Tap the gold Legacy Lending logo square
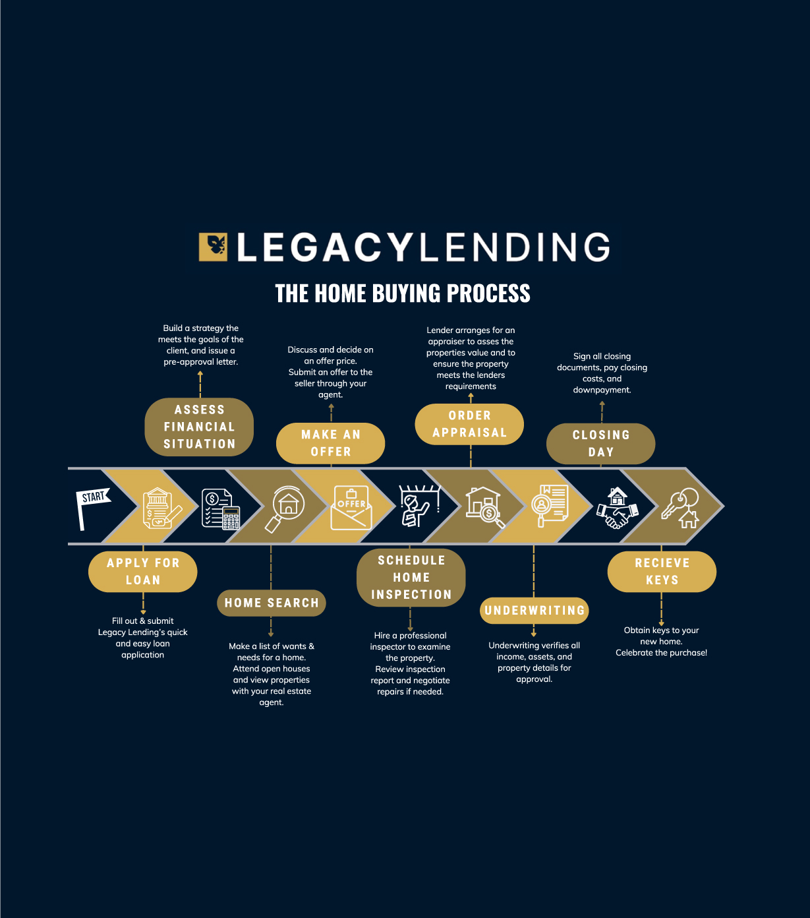click(x=213, y=247)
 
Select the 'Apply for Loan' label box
click(x=143, y=572)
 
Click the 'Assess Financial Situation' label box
click(x=199, y=427)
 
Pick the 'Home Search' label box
click(x=271, y=603)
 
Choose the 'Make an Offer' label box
click(x=330, y=443)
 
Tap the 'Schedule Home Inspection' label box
click(x=411, y=578)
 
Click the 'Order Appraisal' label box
click(x=469, y=425)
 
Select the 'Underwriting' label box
click(x=535, y=611)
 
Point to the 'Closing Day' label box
click(x=600, y=444)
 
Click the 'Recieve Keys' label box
click(x=662, y=572)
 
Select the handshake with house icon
click(x=617, y=508)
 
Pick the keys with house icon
click(x=681, y=508)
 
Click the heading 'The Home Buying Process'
click(x=403, y=293)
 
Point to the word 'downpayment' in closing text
click(x=601, y=390)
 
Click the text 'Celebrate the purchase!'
click(x=661, y=653)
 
